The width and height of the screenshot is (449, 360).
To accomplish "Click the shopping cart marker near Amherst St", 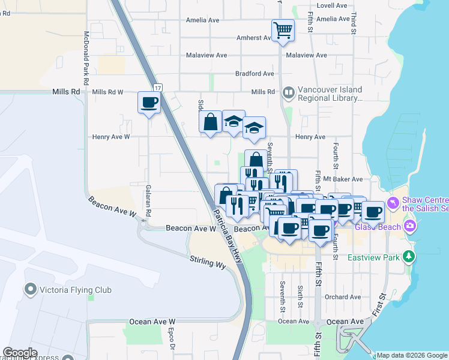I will click(283, 29).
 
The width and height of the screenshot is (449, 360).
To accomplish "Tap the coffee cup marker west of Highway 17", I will click(149, 103).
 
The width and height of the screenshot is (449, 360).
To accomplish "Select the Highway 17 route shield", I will click(157, 88).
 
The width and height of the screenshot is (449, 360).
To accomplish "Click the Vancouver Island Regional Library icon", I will click(289, 92).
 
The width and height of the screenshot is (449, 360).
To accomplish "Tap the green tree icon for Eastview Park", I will click(409, 257).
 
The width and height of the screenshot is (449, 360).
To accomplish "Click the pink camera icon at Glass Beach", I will click(411, 226).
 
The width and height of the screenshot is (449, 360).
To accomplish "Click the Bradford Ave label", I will click(255, 73).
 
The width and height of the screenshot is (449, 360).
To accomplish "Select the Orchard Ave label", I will click(343, 297).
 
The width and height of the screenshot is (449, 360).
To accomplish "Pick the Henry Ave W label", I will click(111, 137).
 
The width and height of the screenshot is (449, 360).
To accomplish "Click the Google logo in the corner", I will click(20, 353).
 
